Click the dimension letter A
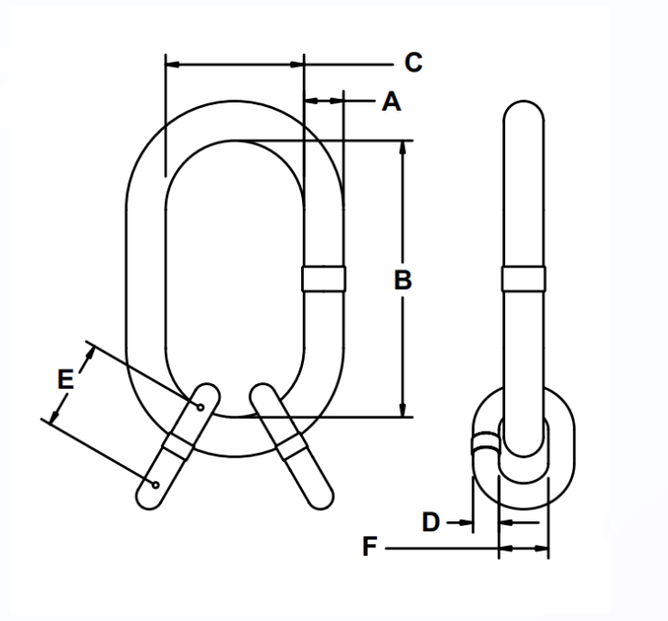[391, 102]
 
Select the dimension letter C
[413, 62]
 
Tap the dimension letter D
[431, 522]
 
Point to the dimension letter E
[64, 379]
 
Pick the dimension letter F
[370, 548]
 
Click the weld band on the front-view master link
[324, 278]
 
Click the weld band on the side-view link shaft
[523, 278]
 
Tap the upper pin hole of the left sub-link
[200, 405]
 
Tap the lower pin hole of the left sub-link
[156, 484]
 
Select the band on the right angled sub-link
[292, 446]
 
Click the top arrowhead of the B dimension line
[404, 147]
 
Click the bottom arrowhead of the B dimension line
[404, 411]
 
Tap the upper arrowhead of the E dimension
[89, 350]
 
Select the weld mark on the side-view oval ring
[482, 445]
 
